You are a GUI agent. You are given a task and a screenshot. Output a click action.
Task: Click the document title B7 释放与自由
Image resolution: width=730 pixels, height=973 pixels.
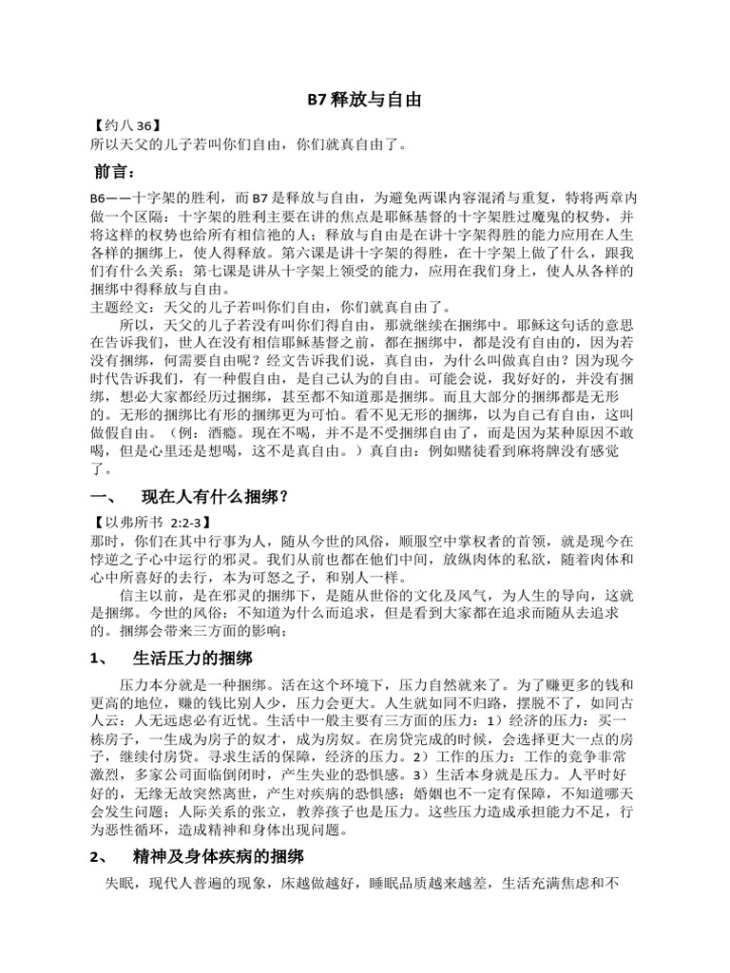click(x=364, y=100)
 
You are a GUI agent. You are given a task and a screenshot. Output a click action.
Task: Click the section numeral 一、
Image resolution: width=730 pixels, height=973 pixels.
click(x=102, y=497)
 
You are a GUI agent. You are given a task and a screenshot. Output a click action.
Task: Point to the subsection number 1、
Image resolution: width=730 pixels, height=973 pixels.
click(x=99, y=658)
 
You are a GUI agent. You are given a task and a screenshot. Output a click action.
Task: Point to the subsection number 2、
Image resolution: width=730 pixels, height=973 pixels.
click(x=100, y=858)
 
